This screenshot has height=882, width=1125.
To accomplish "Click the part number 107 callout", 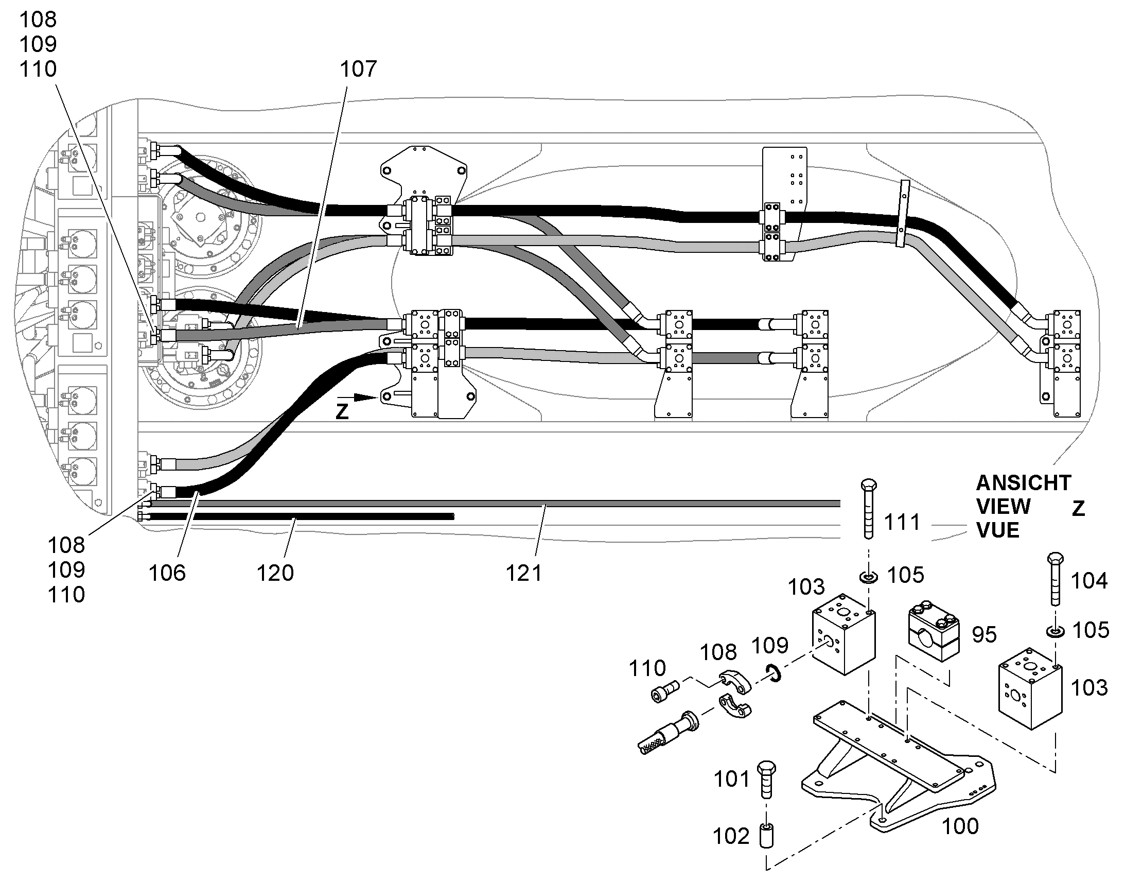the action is [x=358, y=68].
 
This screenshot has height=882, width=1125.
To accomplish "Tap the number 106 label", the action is [x=167, y=573].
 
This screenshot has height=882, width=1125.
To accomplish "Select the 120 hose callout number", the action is [x=275, y=573].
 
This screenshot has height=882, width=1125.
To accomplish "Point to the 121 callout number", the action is [x=524, y=573].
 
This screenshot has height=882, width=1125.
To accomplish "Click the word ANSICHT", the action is [x=1024, y=483].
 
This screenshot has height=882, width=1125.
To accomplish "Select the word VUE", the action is [x=998, y=530].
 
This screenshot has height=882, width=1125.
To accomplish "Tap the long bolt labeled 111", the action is [x=869, y=509].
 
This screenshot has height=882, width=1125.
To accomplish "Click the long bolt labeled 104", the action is [x=1056, y=578].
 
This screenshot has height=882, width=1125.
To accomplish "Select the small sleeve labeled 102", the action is [x=765, y=836].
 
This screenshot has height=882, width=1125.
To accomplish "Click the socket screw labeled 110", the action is [x=664, y=690].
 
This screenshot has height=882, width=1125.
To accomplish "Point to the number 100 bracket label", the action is [x=960, y=826].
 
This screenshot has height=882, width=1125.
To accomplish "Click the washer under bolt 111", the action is [x=869, y=576].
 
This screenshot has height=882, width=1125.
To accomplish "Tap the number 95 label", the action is [x=984, y=635].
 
